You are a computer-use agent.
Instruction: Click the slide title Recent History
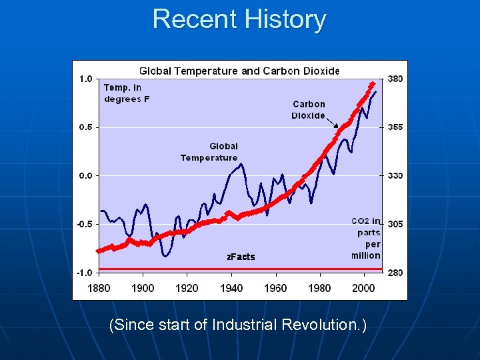coord(239,19)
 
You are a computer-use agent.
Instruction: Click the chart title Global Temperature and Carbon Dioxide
coord(239,71)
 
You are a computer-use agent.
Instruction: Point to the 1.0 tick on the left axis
coord(86,79)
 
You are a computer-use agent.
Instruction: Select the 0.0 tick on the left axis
coord(86,175)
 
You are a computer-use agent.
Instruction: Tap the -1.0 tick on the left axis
coord(85,273)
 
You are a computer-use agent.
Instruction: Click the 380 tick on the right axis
coord(395,79)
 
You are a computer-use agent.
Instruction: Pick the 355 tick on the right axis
coord(395,127)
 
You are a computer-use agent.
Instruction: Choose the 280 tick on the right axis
coord(395,273)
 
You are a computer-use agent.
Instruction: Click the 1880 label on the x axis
coord(99,288)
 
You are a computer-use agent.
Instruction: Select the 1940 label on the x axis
coord(231,288)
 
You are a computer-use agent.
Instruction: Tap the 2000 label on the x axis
coord(364,288)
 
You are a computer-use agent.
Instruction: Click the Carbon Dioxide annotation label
coord(309,109)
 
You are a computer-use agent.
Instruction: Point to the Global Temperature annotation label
coord(209,152)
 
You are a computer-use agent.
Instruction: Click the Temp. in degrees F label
coord(123,93)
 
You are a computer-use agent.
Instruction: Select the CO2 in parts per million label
coord(367,238)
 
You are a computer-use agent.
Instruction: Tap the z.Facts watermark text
coord(241,257)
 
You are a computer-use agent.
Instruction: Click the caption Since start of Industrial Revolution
coord(239,325)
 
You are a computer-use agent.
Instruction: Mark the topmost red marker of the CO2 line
coord(372,84)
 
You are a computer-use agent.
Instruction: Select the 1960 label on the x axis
coord(275,288)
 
